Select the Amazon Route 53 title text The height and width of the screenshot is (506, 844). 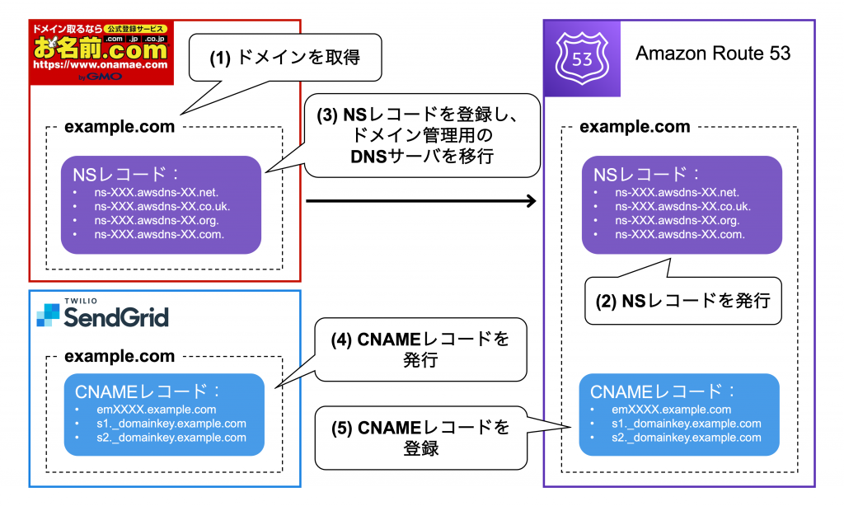[x=713, y=54]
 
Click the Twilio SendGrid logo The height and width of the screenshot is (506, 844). [x=102, y=314]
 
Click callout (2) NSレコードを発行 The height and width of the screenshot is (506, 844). [x=682, y=301]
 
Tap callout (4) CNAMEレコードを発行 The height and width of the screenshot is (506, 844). [x=420, y=349]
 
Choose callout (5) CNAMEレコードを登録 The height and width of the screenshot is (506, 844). [x=420, y=437]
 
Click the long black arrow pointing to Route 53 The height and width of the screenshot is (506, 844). [x=420, y=201]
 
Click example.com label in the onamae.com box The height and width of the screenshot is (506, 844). [x=120, y=127]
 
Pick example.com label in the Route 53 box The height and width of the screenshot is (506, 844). [x=635, y=127]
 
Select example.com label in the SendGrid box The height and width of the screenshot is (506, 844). [x=120, y=357]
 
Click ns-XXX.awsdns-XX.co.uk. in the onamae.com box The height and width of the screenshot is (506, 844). [x=162, y=206]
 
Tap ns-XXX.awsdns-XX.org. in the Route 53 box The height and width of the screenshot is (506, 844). [x=677, y=220]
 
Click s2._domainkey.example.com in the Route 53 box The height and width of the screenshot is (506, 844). [x=687, y=438]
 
